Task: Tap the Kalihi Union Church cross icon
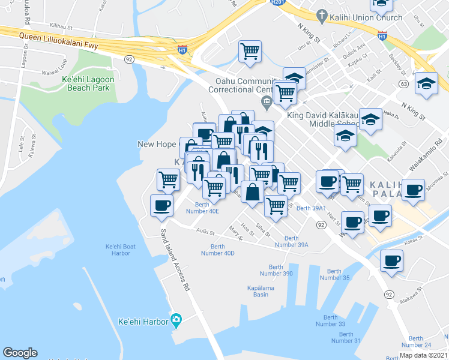[x=322, y=17]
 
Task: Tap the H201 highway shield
[x=277, y=2]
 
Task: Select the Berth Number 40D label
[x=217, y=250]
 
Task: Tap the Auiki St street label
[x=205, y=231]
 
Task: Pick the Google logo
[x=20, y=353]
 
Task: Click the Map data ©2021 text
[x=423, y=355]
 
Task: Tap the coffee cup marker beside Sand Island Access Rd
[x=162, y=206]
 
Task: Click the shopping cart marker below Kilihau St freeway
[x=250, y=50]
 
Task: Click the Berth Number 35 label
[x=334, y=274]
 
